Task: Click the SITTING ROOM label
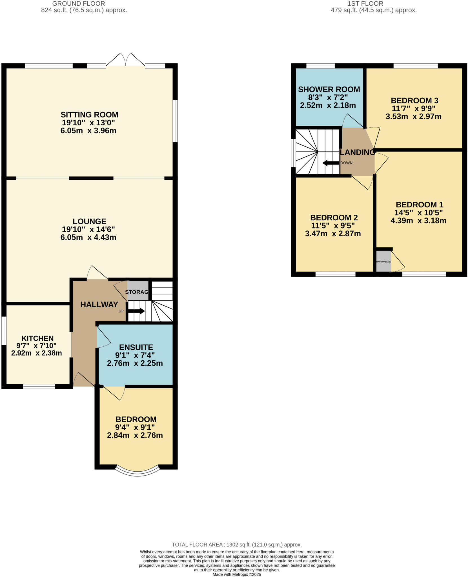(x=89, y=115)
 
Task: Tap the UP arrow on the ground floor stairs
(x=136, y=311)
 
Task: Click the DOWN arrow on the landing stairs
(x=331, y=163)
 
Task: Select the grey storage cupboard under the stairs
(x=137, y=291)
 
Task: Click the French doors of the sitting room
(x=126, y=60)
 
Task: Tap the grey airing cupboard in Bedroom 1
(x=383, y=261)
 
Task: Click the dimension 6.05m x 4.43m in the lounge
(x=88, y=237)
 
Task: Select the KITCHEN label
(x=37, y=338)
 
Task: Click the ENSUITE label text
(x=136, y=347)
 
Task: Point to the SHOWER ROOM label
(x=329, y=89)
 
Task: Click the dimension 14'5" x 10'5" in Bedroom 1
(x=418, y=212)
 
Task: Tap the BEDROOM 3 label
(x=414, y=101)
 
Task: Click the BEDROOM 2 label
(x=334, y=218)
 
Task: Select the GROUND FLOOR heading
(x=79, y=4)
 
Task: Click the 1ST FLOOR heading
(x=365, y=4)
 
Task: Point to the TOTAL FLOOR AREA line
(x=236, y=545)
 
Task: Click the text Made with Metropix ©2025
(x=236, y=574)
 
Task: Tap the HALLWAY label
(x=99, y=304)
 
